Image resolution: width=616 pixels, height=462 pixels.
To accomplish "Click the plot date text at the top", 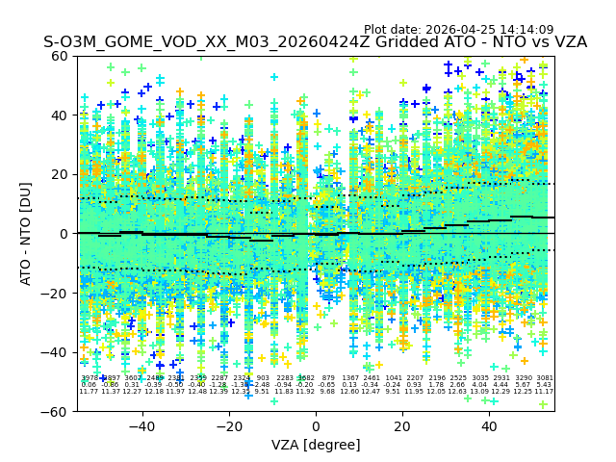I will coord(458,30).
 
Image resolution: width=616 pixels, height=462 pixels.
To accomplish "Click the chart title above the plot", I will coord(315,43).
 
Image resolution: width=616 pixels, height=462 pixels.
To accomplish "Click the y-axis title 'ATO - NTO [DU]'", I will coord(26,233).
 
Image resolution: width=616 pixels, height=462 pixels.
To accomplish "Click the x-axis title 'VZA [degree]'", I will coord(315,445).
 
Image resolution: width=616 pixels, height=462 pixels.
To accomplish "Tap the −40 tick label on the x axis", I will coord(141,426).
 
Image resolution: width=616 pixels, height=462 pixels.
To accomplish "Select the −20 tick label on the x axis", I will coord(228,426).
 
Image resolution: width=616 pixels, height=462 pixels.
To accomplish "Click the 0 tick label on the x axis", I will coord(316,426).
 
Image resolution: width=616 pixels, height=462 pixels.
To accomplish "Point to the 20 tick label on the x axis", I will coord(402,426).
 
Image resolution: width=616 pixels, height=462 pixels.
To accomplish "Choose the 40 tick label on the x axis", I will coord(489,426).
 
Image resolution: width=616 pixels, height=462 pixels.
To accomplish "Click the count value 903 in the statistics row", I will coord(263,378).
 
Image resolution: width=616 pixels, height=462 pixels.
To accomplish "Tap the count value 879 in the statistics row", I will coord(328,378).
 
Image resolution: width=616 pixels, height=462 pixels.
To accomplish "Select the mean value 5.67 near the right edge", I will coord(523,385).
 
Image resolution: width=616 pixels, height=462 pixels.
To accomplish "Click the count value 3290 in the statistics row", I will coord(523,378).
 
